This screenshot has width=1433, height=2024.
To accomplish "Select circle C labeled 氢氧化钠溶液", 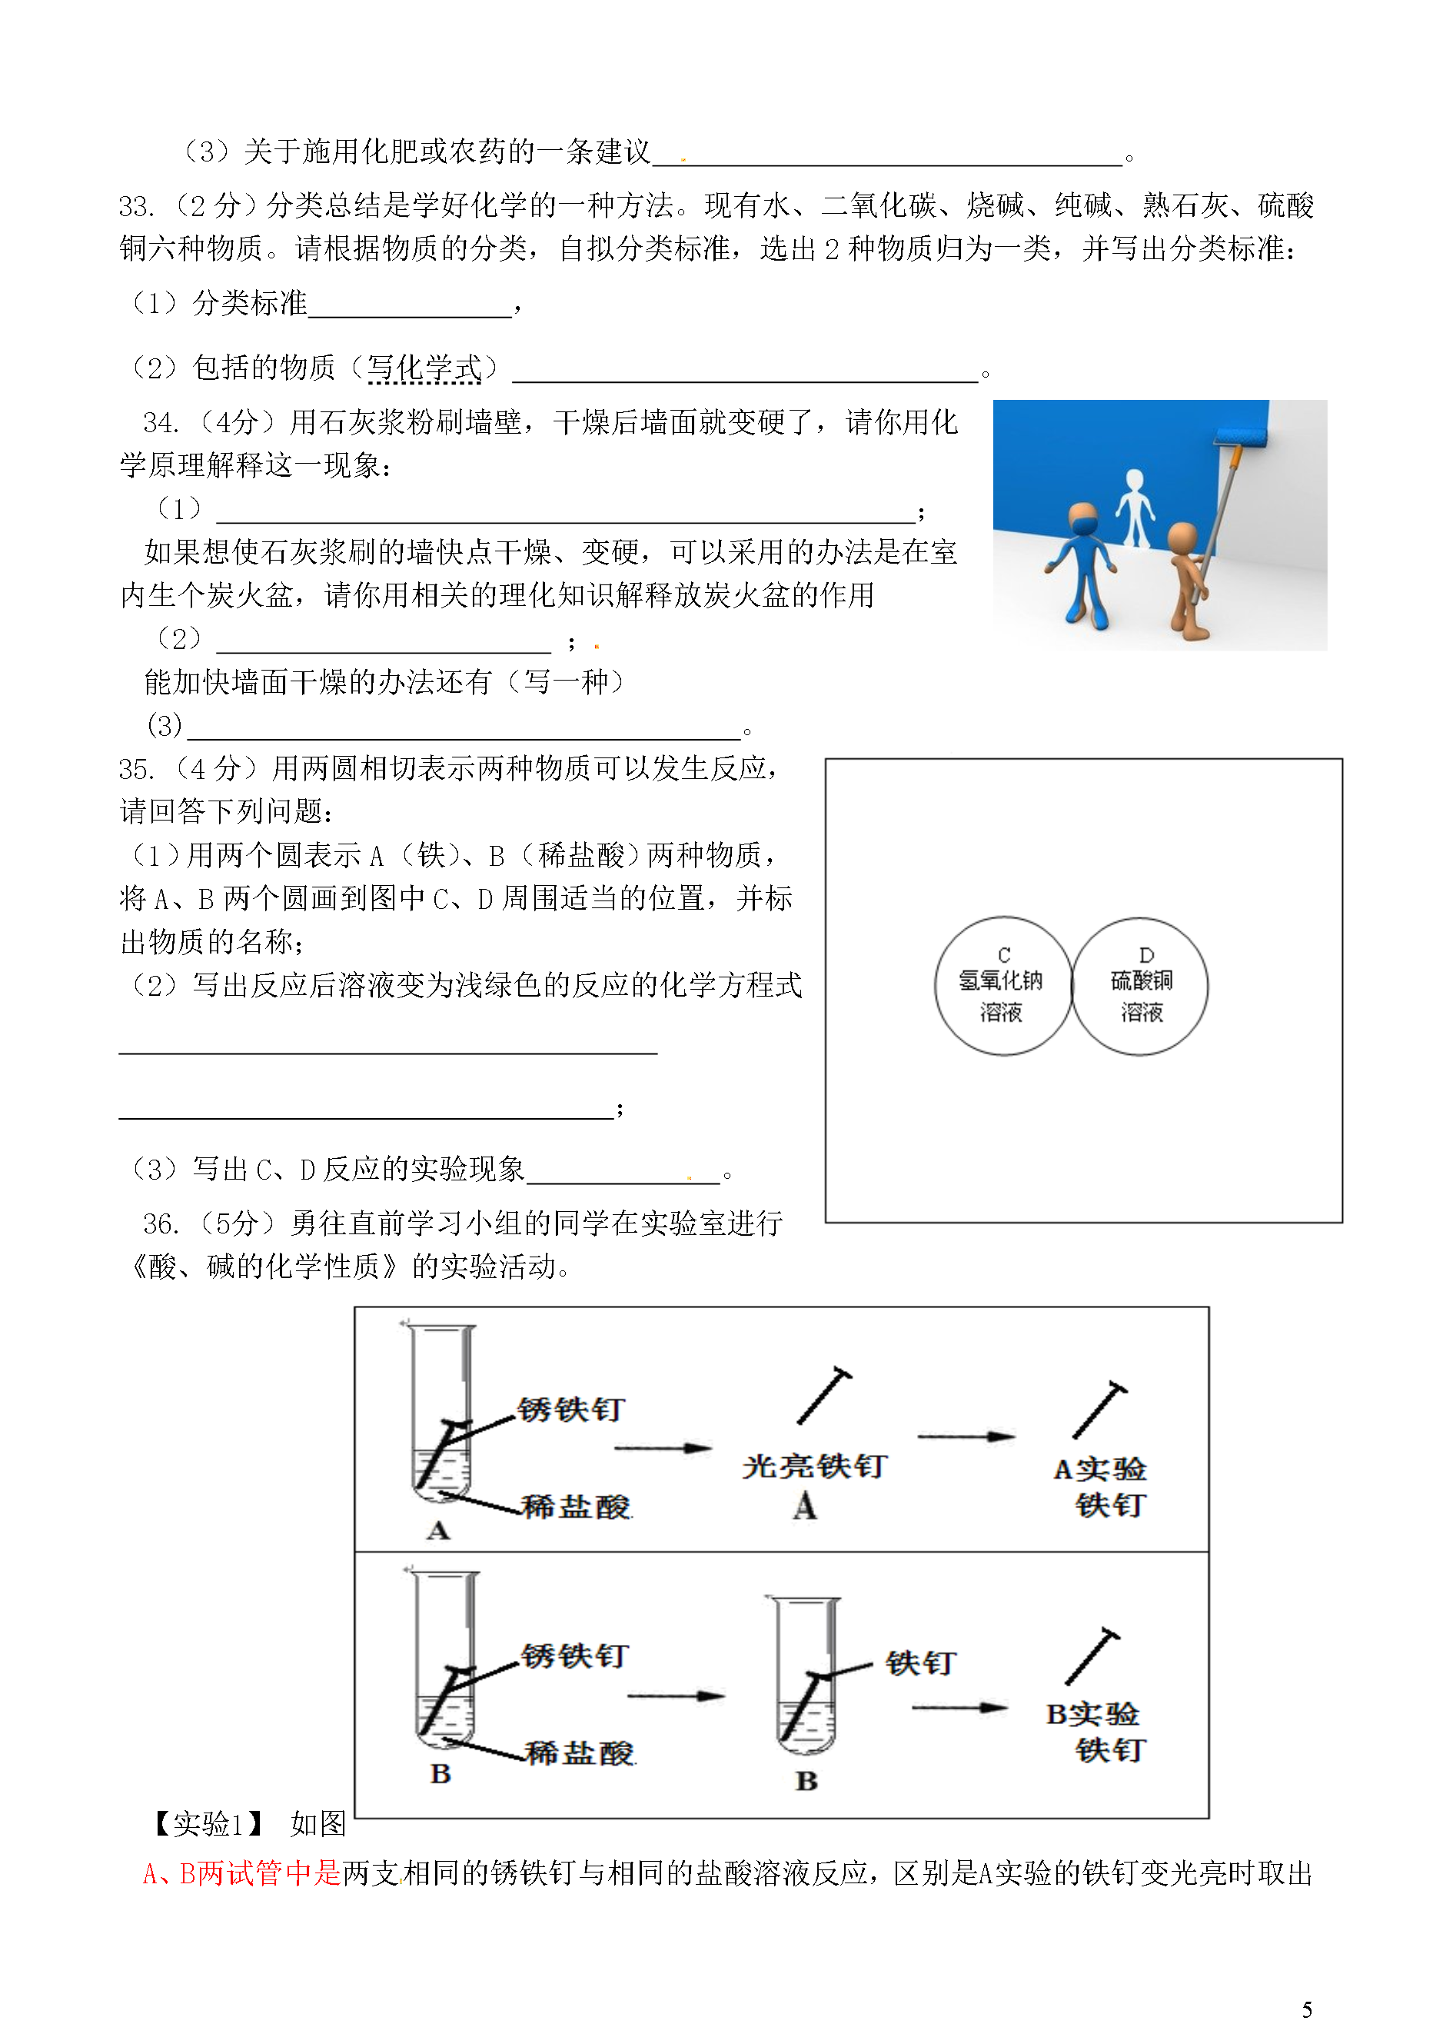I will coord(1002,985).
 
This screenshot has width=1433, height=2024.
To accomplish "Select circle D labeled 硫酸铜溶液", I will coord(1140,985).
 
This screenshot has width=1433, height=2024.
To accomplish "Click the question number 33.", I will coord(136,207).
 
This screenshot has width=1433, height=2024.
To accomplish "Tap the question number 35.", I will coord(136,770).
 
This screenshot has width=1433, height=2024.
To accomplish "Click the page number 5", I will coord(1307,2009).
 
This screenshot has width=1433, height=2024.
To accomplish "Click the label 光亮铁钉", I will coord(813,1466).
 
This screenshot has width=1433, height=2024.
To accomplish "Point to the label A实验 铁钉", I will coord(1101,1487).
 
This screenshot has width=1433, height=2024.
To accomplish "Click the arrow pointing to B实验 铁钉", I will coord(959,1707).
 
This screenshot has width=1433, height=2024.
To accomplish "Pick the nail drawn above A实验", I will coord(1099,1410).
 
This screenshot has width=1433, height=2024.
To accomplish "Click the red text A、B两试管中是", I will coord(241,1873).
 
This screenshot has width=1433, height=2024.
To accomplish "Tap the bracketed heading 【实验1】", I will coord(209,1823).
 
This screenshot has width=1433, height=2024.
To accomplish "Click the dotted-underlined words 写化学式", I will coord(424,368).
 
